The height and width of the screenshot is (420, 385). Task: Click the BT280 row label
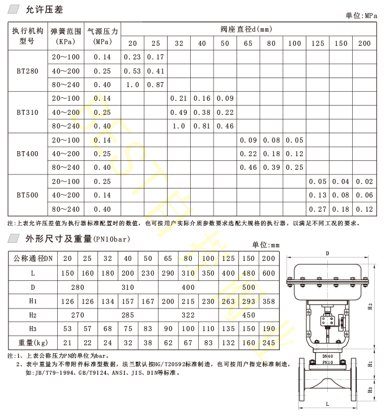28,71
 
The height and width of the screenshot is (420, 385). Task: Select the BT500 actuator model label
28,195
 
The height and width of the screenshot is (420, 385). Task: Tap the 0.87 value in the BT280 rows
155,84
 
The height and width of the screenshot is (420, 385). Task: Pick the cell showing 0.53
132,71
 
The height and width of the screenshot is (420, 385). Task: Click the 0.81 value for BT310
202,126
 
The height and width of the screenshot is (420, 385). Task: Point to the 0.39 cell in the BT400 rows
272,167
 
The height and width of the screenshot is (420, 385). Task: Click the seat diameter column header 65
249,44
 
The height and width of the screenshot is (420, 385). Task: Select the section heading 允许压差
37,10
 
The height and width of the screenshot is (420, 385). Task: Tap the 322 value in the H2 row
188,315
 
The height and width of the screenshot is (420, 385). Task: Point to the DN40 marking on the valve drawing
328,357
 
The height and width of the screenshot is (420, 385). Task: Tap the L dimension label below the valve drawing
328,404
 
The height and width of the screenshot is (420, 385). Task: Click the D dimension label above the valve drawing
328,253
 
